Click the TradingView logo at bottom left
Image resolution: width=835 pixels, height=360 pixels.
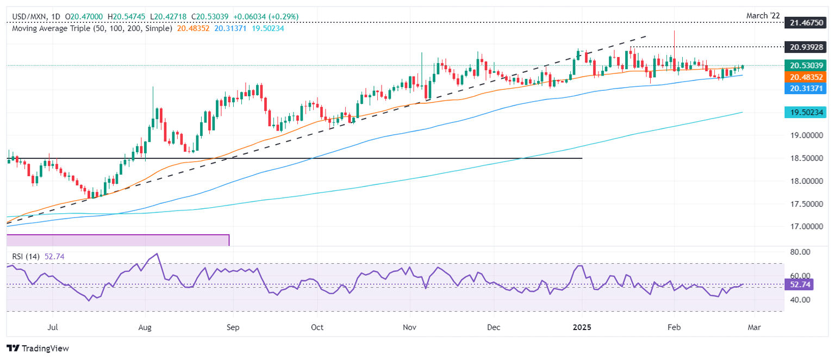(38, 348)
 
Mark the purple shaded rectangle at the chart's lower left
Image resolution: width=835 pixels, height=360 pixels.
(117, 240)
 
